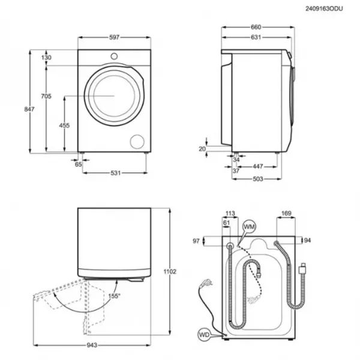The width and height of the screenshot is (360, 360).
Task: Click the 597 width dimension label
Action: pos(114,37)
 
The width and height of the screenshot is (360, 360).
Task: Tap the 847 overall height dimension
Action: pos(29,109)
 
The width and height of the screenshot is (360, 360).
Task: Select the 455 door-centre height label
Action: pos(64,125)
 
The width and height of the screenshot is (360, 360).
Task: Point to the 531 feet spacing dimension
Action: pos(115,173)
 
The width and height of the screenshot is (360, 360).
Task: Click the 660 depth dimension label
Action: pos(256,27)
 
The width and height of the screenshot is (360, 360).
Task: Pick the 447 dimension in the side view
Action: pos(257,166)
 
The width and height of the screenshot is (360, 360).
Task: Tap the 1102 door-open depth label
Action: pos(170,272)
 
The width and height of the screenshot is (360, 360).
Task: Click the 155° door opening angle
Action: pos(115,296)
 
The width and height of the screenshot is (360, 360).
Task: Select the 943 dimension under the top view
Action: pos(92,345)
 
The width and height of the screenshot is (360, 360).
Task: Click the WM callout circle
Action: pos(249,227)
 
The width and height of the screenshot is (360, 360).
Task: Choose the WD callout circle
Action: pos(204,335)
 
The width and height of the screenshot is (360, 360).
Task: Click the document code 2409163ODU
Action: pos(324,9)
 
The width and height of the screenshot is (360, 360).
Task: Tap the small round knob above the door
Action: pos(114,56)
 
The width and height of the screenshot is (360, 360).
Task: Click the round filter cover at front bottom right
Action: pos(137,142)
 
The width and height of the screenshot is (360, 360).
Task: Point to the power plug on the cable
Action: pos(206,283)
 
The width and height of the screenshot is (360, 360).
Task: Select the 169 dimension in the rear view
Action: pos(286,213)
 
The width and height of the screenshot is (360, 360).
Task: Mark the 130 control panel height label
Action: pos(46,58)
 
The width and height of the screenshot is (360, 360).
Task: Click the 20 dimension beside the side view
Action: pos(202,149)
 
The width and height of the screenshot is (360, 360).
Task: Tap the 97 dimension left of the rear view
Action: pos(196,241)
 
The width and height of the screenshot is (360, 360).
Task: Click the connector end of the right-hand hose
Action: pos(303,268)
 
